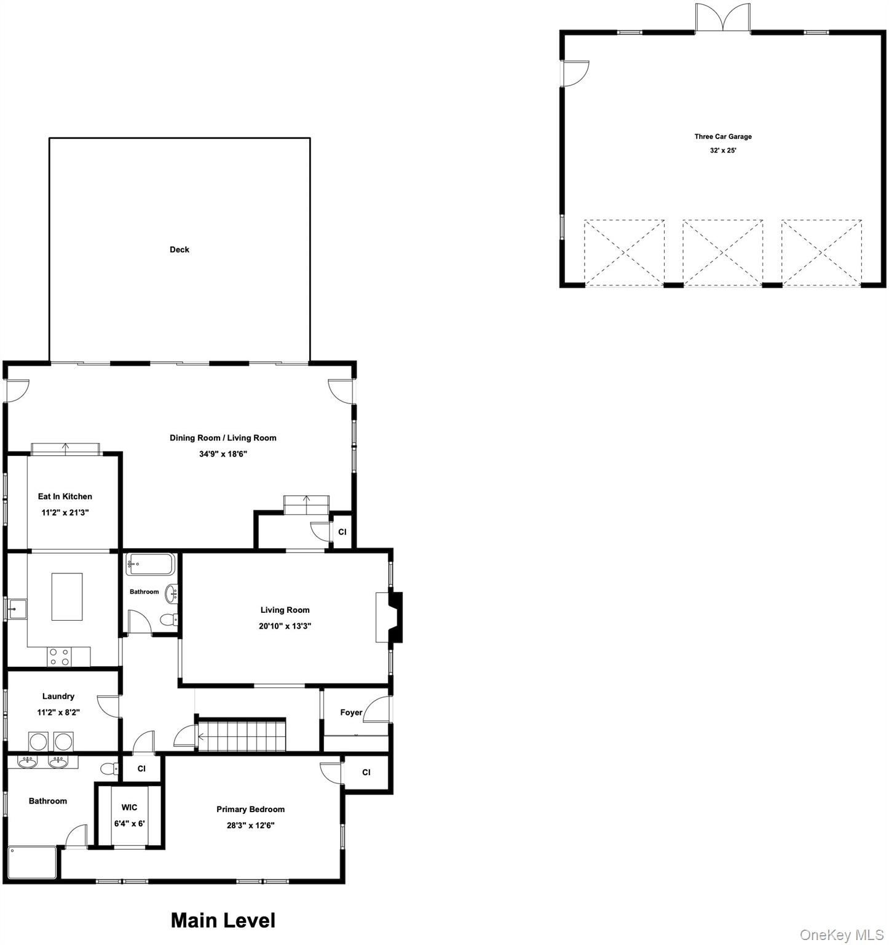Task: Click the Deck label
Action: [x=180, y=249]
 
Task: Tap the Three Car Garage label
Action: [x=723, y=137]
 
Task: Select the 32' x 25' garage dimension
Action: [x=723, y=150]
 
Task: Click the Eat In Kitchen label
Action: [x=65, y=496]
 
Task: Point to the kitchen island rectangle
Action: [x=67, y=597]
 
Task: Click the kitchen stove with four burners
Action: [x=60, y=656]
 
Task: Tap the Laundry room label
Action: [x=58, y=696]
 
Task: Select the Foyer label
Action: [x=351, y=712]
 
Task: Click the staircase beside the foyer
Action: [x=242, y=735]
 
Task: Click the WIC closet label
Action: [x=129, y=807]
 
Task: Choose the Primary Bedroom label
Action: [x=250, y=809]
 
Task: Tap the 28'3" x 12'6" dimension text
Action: [x=250, y=825]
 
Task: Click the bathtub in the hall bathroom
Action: [x=151, y=564]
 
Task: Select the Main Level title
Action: [x=223, y=920]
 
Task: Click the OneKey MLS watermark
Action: [x=842, y=935]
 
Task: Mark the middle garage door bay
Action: [x=723, y=252]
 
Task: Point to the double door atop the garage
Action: [x=723, y=17]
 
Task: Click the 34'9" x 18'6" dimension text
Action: [x=223, y=454]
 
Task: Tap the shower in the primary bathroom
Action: [x=33, y=863]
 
